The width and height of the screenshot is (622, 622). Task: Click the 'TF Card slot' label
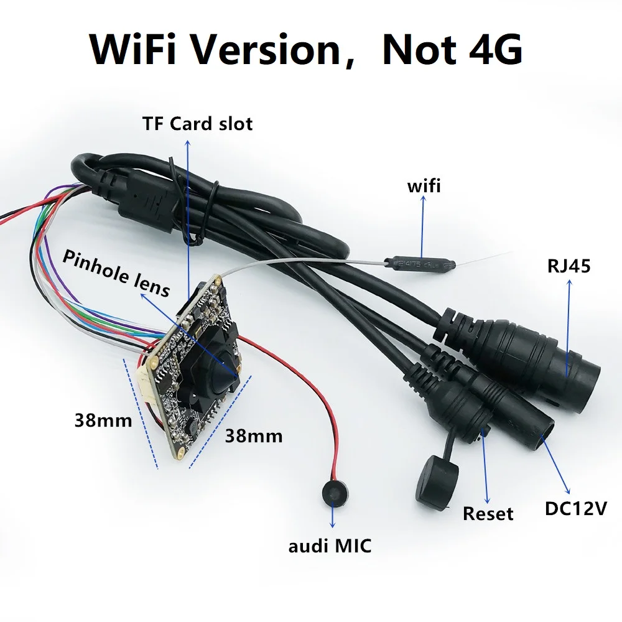[197, 124]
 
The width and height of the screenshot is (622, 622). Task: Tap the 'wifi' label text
[424, 186]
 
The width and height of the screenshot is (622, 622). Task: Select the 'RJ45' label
[569, 266]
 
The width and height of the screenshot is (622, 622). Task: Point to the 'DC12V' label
[576, 509]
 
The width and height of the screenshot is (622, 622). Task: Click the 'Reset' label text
[488, 513]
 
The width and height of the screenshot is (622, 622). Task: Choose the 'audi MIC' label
[330, 546]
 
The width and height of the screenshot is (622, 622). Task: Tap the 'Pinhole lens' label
[116, 273]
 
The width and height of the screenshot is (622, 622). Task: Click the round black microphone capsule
[334, 493]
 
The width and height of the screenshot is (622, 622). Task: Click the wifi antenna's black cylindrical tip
[420, 264]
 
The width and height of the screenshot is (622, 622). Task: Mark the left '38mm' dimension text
[103, 420]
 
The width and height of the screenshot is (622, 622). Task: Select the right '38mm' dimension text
[254, 436]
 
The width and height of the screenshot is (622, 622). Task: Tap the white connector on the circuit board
[147, 383]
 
